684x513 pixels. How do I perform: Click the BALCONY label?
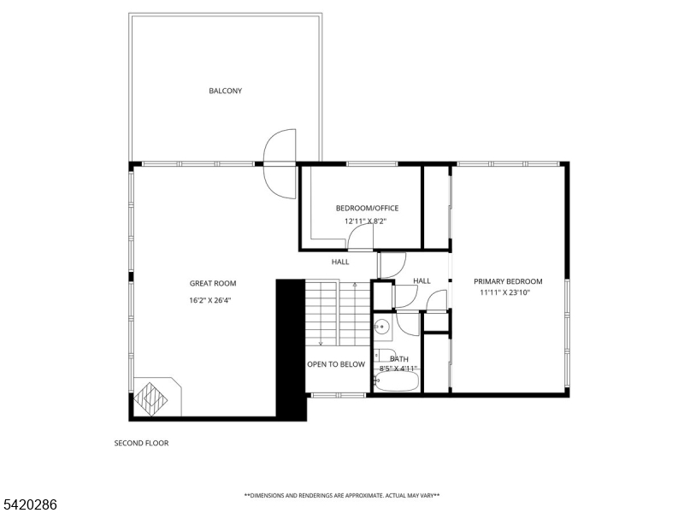(x=225, y=91)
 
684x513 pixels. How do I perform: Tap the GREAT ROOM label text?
(x=212, y=283)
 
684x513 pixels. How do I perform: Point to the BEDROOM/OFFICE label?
(x=367, y=208)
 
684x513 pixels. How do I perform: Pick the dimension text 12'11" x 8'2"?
(x=366, y=221)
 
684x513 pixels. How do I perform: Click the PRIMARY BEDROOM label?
(x=510, y=281)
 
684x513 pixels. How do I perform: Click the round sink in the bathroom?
(x=383, y=326)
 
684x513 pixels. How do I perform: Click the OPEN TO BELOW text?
(x=336, y=364)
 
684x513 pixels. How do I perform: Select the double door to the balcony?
(x=280, y=162)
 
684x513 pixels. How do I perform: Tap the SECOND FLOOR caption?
(x=142, y=443)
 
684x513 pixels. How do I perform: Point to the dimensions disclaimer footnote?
(x=342, y=495)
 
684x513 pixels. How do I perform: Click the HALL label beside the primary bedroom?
(x=422, y=280)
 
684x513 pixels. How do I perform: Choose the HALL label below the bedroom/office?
(x=340, y=262)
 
